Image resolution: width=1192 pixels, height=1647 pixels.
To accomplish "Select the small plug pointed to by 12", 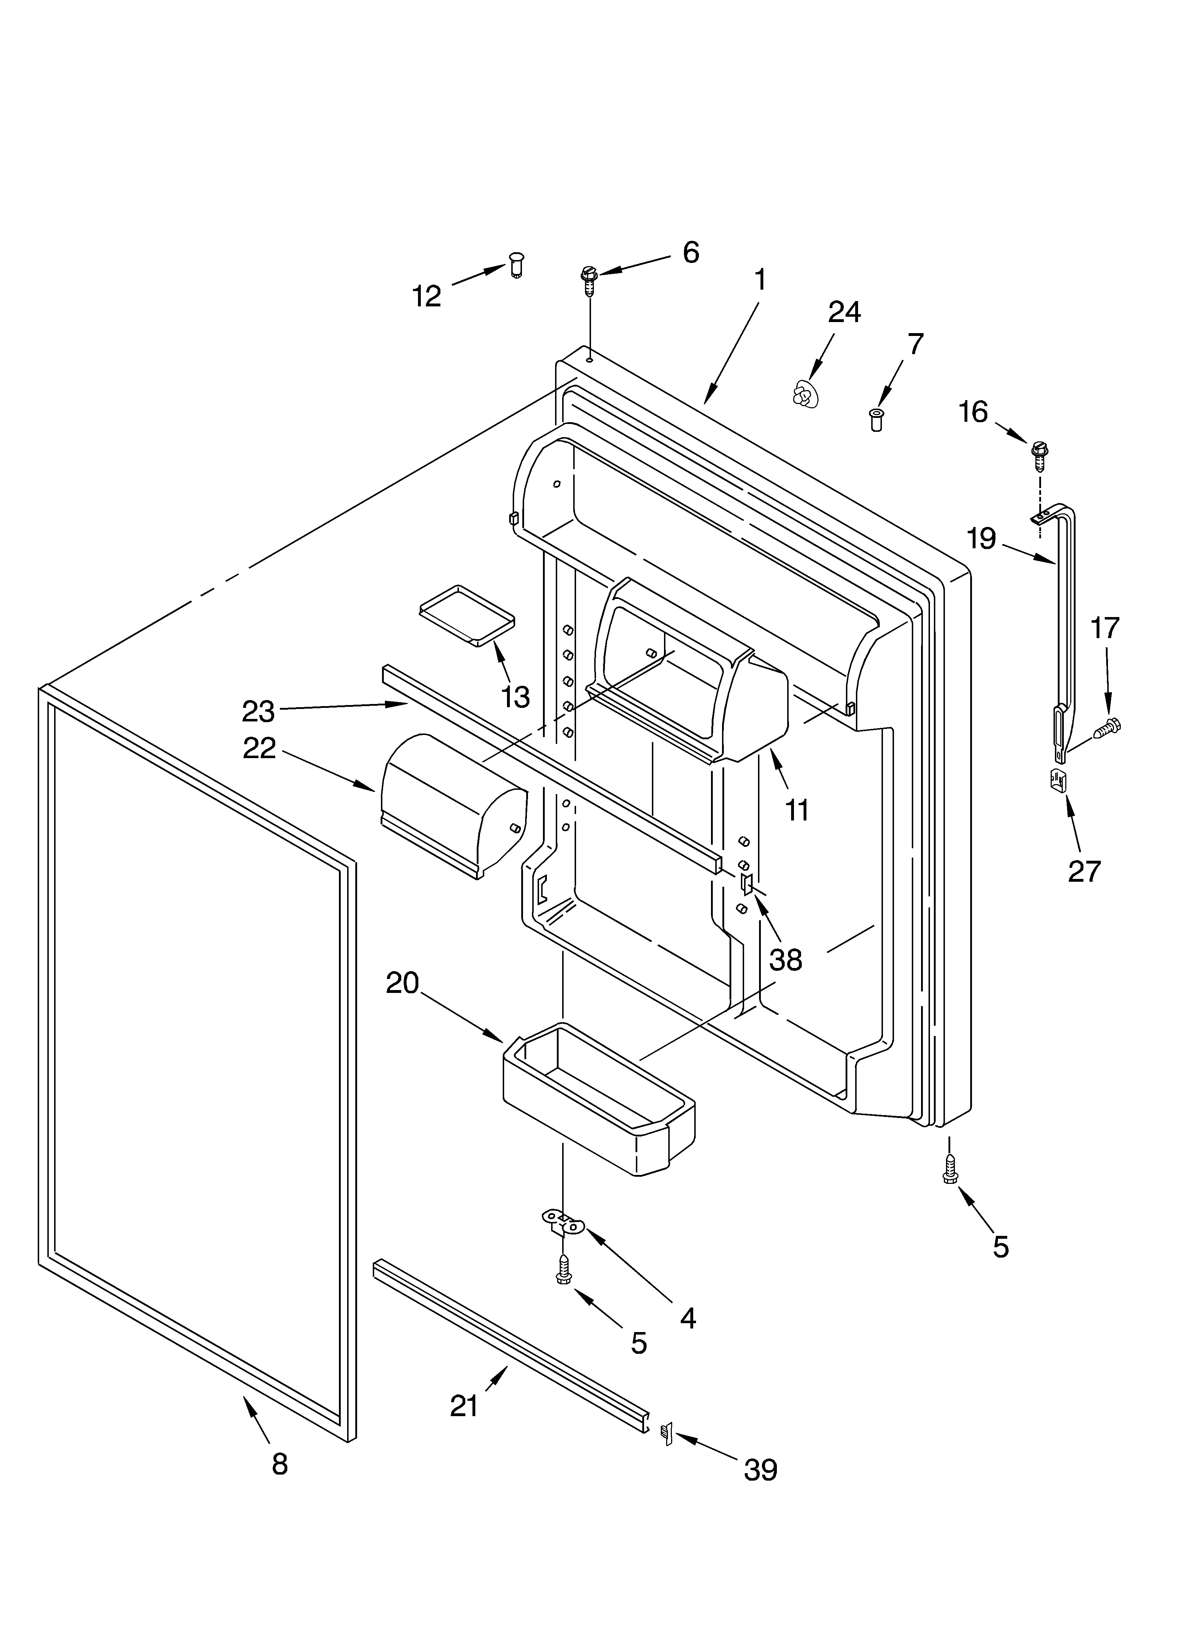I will pyautogui.click(x=516, y=266).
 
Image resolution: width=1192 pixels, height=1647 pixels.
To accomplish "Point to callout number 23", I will pyautogui.click(x=258, y=711).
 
